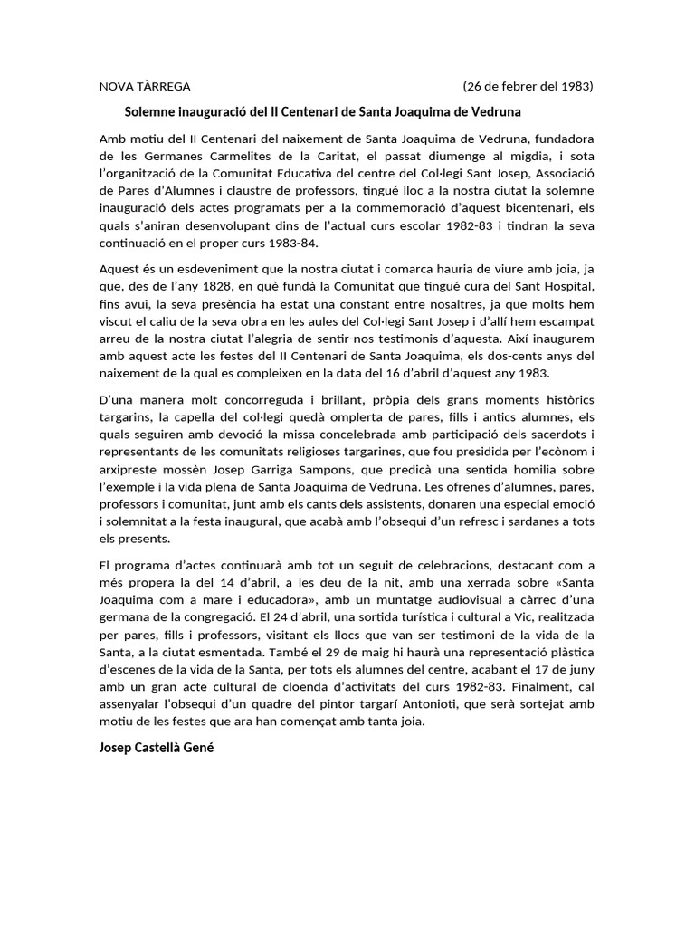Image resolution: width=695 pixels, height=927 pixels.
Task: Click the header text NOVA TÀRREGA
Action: pyautogui.click(x=145, y=87)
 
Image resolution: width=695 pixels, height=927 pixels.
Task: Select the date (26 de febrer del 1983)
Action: pyautogui.click(x=528, y=87)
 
